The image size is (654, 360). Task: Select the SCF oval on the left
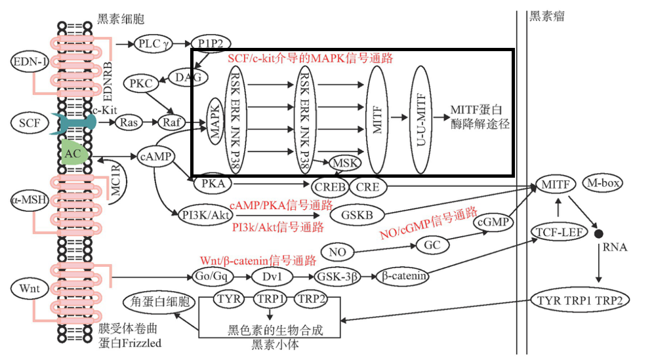pyautogui.click(x=29, y=123)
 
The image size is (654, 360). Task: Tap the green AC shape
pyautogui.click(x=73, y=152)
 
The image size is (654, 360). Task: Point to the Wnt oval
pyautogui.click(x=28, y=289)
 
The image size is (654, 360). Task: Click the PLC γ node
pyautogui.click(x=153, y=44)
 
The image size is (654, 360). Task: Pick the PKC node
pyautogui.click(x=140, y=83)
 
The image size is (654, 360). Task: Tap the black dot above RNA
pyautogui.click(x=598, y=233)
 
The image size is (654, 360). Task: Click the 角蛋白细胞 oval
pyautogui.click(x=159, y=302)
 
